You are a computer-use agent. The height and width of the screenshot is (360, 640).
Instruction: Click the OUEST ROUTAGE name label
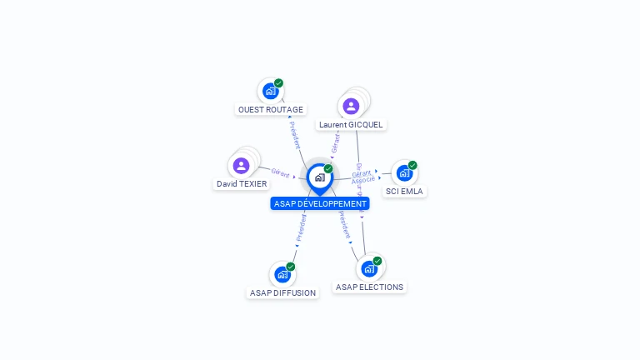pos(271,109)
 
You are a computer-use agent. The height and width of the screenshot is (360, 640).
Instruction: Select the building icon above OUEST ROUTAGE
pos(270,90)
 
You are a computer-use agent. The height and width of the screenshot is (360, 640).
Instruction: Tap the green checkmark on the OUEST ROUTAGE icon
pos(278,82)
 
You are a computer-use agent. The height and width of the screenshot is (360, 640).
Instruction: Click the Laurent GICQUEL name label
pos(351,125)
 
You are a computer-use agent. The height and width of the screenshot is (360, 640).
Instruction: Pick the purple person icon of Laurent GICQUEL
pos(351,106)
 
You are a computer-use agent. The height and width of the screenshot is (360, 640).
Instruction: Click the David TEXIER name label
pos(242,183)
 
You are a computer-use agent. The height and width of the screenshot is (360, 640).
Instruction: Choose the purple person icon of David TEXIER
pos(242,165)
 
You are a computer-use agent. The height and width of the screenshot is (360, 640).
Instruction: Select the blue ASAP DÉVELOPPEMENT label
pos(320,203)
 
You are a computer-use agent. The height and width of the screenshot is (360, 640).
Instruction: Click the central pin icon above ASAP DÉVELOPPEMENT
pos(319,177)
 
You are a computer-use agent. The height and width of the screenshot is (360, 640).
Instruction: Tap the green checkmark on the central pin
pos(328,168)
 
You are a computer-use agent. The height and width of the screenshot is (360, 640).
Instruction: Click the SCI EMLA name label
pos(404,191)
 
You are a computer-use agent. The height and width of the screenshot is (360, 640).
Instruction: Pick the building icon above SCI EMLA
pos(404,172)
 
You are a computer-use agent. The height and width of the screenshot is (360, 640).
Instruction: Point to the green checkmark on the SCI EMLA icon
pos(412,165)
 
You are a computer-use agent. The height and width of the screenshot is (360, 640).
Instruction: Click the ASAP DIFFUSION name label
pos(282,292)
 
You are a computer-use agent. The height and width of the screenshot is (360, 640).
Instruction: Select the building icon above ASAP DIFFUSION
pos(282,274)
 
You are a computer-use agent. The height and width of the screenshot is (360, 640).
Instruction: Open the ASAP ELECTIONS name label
pos(369,287)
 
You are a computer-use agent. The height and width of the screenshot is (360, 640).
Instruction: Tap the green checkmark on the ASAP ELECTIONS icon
pos(377,261)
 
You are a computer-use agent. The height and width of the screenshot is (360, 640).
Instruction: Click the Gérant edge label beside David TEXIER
pos(280,173)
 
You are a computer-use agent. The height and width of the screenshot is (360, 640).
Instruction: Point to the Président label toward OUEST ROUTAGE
pos(294,134)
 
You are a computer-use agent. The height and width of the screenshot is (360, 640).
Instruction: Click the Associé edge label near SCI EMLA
pos(363,180)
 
